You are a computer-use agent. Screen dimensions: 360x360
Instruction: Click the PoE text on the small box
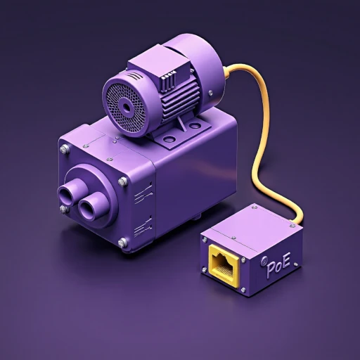pos(276,266)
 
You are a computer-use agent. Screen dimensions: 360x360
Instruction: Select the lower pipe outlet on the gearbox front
pos(91,207)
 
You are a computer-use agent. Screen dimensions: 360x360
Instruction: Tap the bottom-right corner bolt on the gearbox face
pos(122,243)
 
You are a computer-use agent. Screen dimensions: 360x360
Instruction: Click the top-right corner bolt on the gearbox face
pos(123,181)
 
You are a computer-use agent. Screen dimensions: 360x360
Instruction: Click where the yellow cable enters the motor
pos(226,70)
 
